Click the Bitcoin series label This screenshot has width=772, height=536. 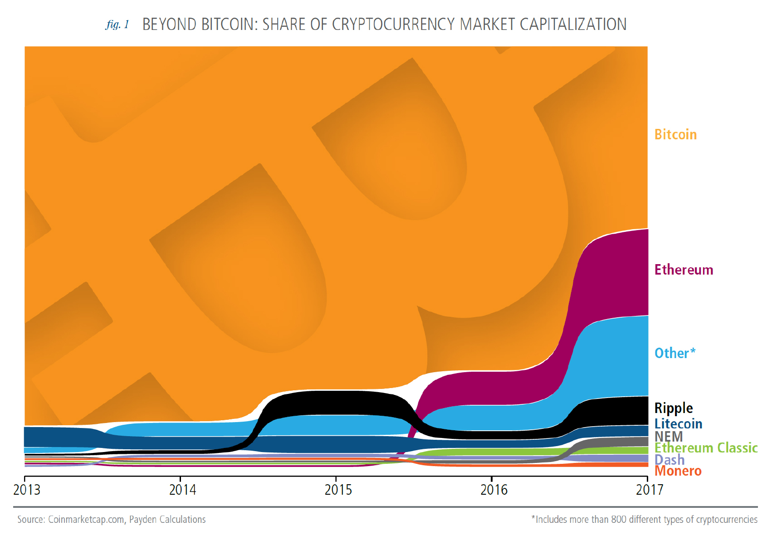point(675,135)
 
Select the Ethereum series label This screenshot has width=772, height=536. point(684,270)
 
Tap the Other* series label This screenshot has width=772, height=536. point(674,353)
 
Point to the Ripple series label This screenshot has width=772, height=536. point(673,408)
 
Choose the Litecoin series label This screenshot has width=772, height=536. point(678,424)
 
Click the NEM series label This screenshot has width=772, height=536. point(668,437)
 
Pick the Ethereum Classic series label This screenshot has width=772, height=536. point(706,448)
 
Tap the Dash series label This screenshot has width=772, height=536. point(669,460)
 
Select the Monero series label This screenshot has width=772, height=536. point(678,471)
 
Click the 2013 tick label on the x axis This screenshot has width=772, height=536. point(27,490)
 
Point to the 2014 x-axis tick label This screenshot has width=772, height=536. point(182,490)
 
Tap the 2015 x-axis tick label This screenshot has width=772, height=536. point(338,490)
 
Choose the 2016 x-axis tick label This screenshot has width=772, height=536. point(493,490)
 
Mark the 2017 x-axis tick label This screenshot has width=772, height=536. point(649,490)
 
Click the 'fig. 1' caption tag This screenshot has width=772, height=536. point(117,25)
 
